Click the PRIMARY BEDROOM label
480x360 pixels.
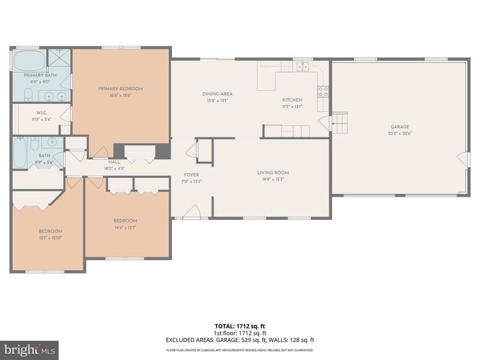click(x=120, y=89)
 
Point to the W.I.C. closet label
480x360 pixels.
click(x=40, y=113)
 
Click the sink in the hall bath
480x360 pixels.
click(x=50, y=142)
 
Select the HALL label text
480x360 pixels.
click(x=115, y=161)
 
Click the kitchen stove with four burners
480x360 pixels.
click(x=323, y=91)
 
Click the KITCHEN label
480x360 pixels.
click(x=292, y=100)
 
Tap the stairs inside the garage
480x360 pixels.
click(x=340, y=122)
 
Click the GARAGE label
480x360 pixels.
click(x=400, y=127)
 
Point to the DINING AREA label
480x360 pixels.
click(x=217, y=94)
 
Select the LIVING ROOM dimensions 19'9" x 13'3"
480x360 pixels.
click(x=273, y=179)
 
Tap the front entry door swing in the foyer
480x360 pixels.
click(x=191, y=212)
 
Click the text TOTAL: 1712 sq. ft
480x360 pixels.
click(x=240, y=323)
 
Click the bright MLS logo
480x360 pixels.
click(x=29, y=350)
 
